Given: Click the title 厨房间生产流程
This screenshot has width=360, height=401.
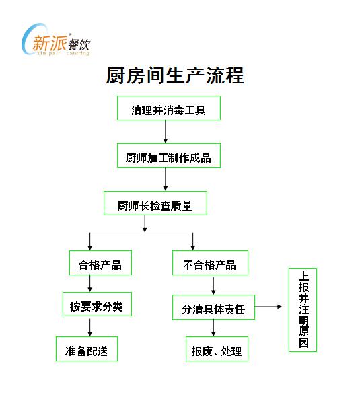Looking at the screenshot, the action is (x=175, y=75).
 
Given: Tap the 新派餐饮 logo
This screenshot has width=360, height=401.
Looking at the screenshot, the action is (x=56, y=40).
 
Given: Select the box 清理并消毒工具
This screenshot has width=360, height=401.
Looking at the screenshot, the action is (x=169, y=108).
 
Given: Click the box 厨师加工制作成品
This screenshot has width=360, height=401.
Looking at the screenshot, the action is (x=169, y=155).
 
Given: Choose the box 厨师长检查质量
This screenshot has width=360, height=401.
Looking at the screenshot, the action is (x=155, y=203).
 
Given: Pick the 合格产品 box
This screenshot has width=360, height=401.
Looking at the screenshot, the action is (x=100, y=262).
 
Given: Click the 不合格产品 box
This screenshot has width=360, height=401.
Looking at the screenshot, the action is (x=210, y=262).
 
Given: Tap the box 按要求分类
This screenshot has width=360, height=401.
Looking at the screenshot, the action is (x=97, y=304).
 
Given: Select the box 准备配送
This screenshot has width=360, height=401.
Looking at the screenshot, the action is (x=87, y=349).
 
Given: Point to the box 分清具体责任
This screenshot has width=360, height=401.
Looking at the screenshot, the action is (x=213, y=307).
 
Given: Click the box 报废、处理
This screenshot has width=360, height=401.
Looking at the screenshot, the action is (x=217, y=349).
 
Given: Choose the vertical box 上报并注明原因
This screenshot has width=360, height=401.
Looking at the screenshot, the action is (x=303, y=310).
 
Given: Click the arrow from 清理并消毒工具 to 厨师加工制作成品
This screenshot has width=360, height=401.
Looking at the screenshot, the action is (x=166, y=131).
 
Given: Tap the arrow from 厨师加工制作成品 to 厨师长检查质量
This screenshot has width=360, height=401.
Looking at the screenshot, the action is (x=166, y=179).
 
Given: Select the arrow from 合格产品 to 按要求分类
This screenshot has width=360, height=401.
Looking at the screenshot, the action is (x=89, y=283).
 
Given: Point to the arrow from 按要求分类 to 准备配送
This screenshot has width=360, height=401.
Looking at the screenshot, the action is (x=89, y=328).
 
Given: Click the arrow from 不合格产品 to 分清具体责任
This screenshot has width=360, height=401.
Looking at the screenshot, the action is (x=213, y=286).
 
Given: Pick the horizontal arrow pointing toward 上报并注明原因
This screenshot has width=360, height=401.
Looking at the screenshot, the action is (x=268, y=307).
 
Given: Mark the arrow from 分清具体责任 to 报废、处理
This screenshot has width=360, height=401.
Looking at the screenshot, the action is (x=213, y=328).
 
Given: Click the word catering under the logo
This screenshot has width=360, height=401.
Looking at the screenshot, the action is (x=78, y=53).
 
